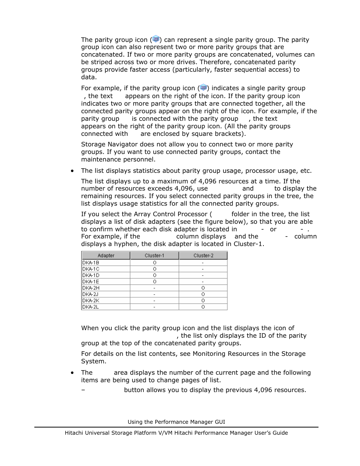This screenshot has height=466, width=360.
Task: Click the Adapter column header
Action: tap(106, 255)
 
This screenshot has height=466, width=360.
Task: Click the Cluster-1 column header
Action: tap(154, 255)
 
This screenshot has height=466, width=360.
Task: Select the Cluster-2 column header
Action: tap(203, 255)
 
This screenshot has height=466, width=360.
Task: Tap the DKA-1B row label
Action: tap(91, 263)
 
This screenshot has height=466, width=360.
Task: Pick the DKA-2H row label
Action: tap(91, 288)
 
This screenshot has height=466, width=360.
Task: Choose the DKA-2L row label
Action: tap(91, 307)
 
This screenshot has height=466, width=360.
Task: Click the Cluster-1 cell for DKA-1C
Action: tap(154, 269)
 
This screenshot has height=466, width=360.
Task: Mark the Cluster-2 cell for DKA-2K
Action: tap(203, 301)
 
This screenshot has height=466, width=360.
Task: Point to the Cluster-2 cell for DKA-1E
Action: tap(203, 281)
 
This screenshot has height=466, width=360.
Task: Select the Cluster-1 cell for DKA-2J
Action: tap(154, 294)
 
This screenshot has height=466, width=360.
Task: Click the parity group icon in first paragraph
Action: tap(155, 39)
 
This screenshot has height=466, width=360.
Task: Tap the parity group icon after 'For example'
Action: tap(203, 88)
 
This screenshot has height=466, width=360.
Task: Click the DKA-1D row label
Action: tap(91, 275)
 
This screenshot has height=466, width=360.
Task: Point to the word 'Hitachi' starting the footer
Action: tap(74, 433)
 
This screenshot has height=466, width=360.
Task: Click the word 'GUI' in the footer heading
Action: tap(219, 422)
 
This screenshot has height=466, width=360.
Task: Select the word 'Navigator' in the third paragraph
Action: tap(118, 144)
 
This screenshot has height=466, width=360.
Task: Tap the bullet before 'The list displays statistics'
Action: tap(72, 171)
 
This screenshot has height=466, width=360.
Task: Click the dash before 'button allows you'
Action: tap(83, 390)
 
